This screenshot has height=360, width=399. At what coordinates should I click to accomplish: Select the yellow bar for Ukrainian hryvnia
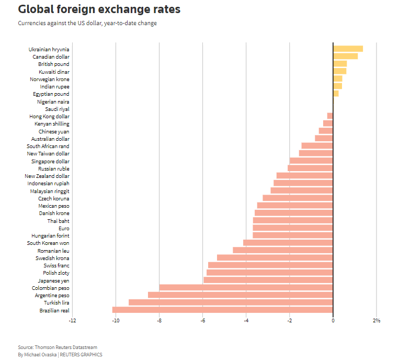(348, 49)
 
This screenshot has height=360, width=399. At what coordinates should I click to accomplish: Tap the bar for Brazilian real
(222, 310)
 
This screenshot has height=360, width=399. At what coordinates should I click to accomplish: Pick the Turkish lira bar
(231, 302)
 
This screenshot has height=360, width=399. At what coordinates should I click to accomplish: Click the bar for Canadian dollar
(345, 57)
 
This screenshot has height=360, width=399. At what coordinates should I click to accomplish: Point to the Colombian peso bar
(246, 288)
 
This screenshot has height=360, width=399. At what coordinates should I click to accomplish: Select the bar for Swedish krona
(275, 258)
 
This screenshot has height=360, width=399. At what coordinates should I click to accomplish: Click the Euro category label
(63, 228)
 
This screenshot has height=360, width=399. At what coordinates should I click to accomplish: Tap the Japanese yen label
(57, 280)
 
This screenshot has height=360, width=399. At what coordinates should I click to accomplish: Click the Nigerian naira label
(53, 102)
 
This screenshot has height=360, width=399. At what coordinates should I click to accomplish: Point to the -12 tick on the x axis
(72, 320)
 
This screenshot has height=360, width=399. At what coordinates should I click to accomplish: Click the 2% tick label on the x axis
(376, 320)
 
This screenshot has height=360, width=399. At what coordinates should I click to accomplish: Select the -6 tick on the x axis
(202, 320)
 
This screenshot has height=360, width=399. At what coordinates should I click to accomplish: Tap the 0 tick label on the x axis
(333, 320)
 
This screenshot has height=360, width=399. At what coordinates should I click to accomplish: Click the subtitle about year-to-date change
(87, 23)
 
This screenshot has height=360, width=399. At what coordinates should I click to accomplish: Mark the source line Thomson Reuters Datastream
(58, 347)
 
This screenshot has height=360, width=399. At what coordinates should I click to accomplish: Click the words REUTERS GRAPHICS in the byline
(82, 354)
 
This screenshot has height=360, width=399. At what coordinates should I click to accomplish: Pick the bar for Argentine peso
(240, 295)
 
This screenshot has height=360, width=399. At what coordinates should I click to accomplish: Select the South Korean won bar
(288, 243)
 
